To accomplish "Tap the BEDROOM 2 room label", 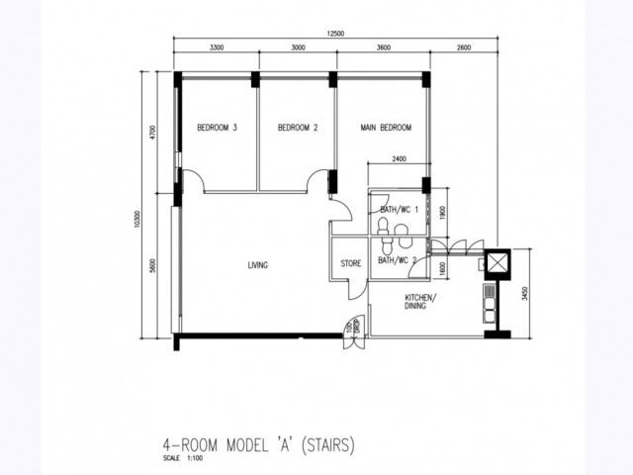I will (x=297, y=128).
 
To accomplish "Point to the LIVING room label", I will (x=259, y=264).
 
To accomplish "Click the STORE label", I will (x=350, y=263).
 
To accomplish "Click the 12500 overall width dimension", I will (x=336, y=35).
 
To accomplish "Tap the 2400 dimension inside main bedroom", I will (x=399, y=158).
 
